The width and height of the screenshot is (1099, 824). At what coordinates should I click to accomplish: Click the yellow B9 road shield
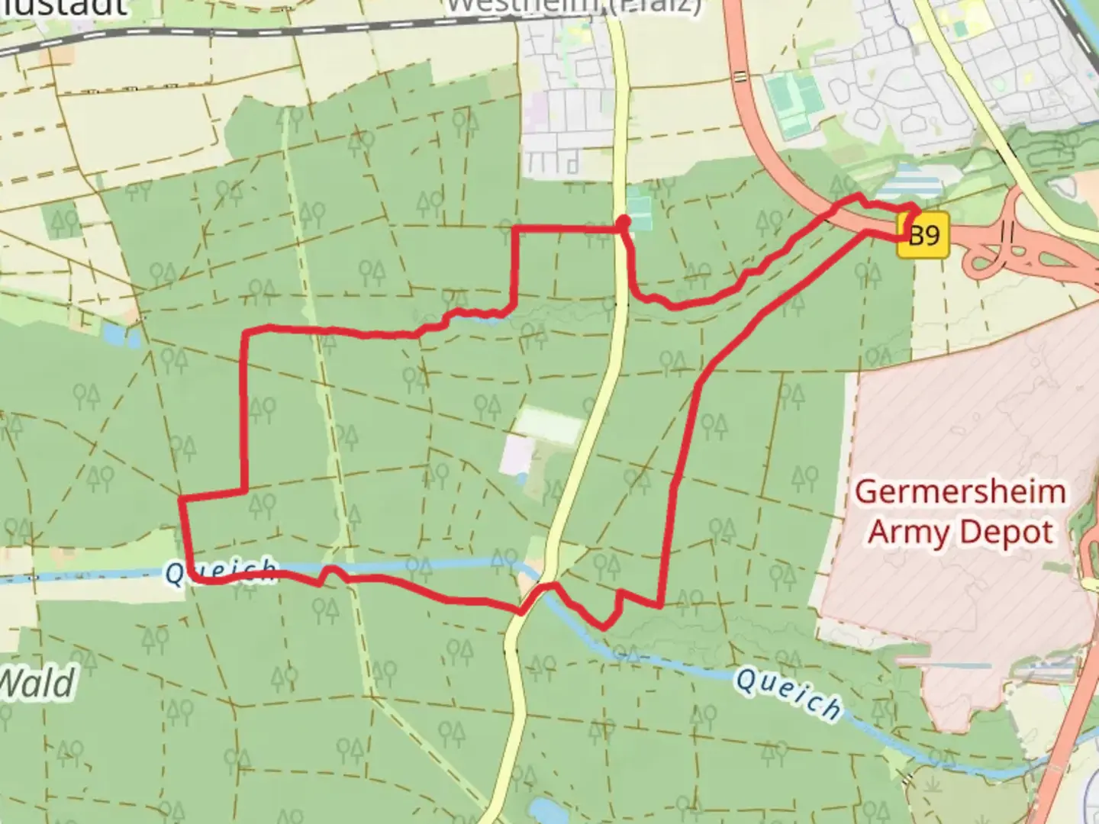pyautogui.click(x=924, y=235)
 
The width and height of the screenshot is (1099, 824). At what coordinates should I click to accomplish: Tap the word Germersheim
pyautogui.click(x=960, y=491)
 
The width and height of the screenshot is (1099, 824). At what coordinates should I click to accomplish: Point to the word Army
pyautogui.click(x=907, y=533)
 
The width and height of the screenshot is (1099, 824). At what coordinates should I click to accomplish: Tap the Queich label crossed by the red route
pyautogui.click(x=221, y=571)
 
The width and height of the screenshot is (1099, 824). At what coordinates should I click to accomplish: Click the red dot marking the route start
pyautogui.click(x=624, y=222)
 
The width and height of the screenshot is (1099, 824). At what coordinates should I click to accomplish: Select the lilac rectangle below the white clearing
pyautogui.click(x=517, y=454)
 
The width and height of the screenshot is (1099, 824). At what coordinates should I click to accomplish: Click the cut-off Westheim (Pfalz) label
pyautogui.click(x=572, y=6)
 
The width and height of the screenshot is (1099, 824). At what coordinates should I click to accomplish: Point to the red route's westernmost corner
pyautogui.click(x=181, y=499)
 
